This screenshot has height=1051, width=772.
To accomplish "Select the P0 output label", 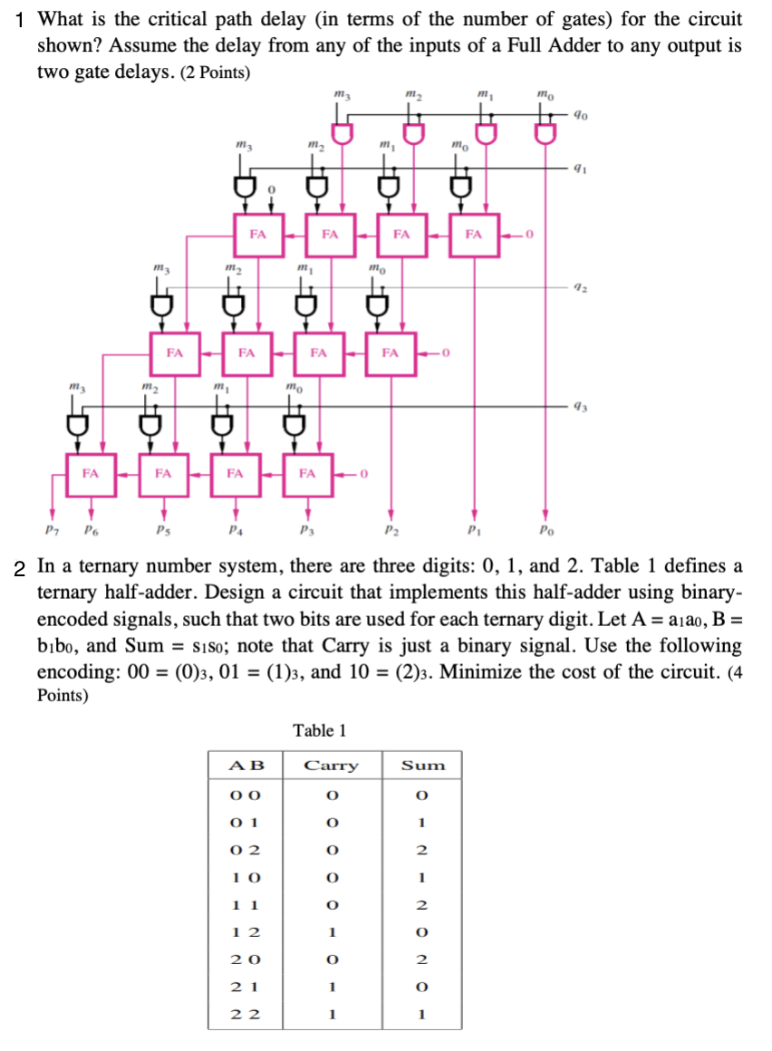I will pyautogui.click(x=544, y=528).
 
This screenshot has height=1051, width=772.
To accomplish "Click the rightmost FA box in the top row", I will pyautogui.click(x=473, y=234).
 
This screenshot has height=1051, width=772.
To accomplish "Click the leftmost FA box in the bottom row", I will pyautogui.click(x=91, y=472).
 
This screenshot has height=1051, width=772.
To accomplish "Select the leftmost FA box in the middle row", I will pyautogui.click(x=175, y=352).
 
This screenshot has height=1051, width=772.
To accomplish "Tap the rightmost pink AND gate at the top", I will pyautogui.click(x=544, y=135).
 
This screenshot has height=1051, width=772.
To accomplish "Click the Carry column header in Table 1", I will pyautogui.click(x=331, y=766).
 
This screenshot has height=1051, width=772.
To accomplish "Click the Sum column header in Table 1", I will pyautogui.click(x=423, y=766).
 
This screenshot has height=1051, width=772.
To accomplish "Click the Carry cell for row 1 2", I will pyautogui.click(x=331, y=931).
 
